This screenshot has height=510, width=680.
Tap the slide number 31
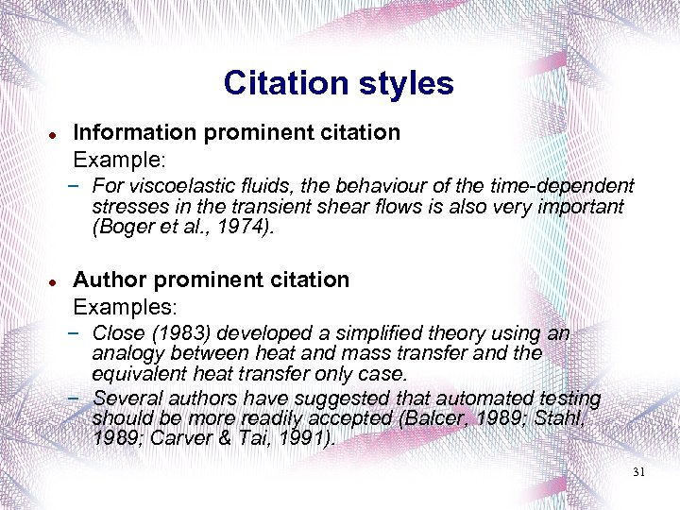pyautogui.click(x=638, y=471)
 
